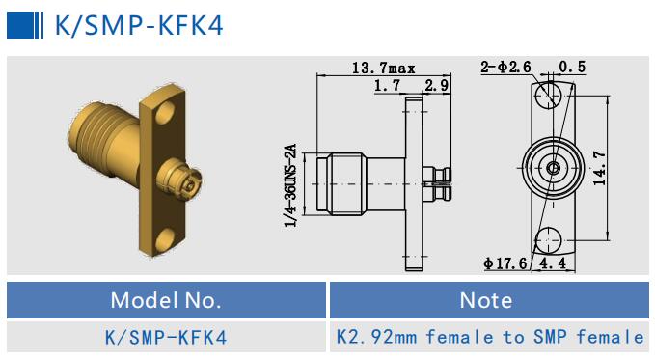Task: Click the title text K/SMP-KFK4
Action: point(139,24)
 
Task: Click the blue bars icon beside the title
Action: point(26,24)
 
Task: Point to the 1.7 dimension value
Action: point(387,86)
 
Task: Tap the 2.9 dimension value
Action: point(437,86)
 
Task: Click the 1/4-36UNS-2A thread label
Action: point(288,185)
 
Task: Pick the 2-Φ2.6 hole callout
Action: point(505,67)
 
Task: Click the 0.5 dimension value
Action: point(571,67)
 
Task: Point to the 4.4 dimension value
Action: point(553,263)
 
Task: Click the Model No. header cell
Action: point(165,300)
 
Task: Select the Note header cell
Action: point(486,300)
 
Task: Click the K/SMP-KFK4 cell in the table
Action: point(165,337)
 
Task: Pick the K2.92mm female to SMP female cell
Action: point(489,337)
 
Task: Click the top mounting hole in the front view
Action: point(551,95)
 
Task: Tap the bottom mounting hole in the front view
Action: point(551,238)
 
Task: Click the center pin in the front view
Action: point(551,167)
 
